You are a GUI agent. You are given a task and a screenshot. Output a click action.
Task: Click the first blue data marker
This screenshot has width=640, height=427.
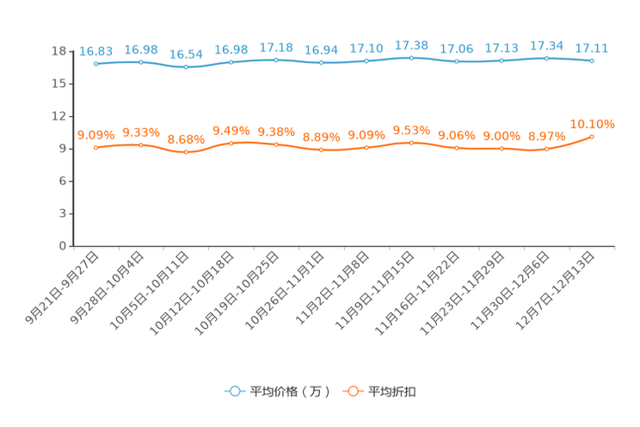click(95, 64)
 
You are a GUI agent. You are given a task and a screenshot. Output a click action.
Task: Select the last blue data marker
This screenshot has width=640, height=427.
click(592, 61)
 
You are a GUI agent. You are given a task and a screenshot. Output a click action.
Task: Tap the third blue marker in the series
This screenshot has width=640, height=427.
click(186, 67)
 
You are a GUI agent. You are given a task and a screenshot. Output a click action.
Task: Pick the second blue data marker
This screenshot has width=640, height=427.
click(141, 62)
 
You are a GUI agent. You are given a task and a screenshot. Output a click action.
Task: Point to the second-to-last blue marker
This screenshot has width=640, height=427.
click(546, 58)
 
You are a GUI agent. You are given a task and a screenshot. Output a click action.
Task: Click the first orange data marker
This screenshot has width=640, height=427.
click(95, 148)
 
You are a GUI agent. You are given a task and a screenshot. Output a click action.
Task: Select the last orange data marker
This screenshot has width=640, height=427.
click(592, 137)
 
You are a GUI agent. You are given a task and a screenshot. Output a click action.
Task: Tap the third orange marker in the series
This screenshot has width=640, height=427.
click(186, 152)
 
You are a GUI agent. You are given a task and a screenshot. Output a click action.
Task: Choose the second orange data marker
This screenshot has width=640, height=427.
click(141, 145)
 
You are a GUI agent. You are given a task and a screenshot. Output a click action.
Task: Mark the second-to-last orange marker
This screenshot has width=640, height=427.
click(546, 149)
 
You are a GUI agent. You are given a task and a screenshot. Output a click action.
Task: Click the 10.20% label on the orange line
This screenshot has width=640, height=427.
click(592, 125)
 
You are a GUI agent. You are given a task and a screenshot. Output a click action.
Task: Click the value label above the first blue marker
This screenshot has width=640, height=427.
click(95, 52)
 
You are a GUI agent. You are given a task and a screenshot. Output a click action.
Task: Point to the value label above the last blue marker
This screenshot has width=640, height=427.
click(592, 48)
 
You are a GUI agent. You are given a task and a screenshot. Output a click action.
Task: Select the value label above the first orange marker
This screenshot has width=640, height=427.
click(95, 135)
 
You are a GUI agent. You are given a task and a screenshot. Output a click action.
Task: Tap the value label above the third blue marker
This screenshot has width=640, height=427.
click(186, 54)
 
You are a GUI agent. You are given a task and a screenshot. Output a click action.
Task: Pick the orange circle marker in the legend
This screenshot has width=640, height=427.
click(352, 391)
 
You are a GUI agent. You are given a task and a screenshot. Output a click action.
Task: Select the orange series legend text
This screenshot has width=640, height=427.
click(393, 392)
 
